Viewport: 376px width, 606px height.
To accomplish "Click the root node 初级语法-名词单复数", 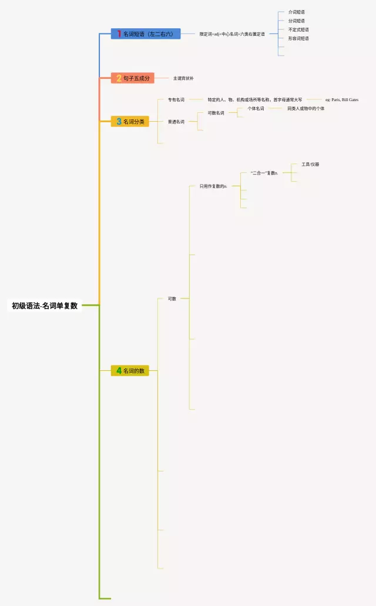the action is pos(45,306).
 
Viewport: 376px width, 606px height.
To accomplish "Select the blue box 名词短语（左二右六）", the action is pos(146,34).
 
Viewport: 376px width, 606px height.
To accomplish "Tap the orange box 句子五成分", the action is pos(133,78).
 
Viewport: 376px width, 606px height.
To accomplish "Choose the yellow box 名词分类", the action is pos(130,122).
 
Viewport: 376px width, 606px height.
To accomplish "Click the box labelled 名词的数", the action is pos(130,371).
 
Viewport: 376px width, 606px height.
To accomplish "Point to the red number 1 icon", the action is pos(119,34).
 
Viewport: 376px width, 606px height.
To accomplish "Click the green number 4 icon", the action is pos(119,371).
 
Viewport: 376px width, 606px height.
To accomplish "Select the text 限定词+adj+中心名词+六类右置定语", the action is pos(232,34).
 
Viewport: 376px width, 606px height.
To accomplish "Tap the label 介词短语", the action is pos(297,12).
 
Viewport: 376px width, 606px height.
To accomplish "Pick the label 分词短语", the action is pos(297,21).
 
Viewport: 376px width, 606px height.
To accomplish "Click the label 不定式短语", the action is pos(298,30).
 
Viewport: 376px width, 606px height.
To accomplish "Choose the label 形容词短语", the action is pos(298,39).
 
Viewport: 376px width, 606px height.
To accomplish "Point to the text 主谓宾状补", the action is pos(183,78).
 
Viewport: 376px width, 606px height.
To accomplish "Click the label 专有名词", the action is pos(176,100).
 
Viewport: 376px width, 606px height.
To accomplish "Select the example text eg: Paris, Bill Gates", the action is pos(342,100).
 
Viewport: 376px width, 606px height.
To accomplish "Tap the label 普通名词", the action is pos(176,122).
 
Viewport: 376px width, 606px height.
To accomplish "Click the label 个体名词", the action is pos(256,109).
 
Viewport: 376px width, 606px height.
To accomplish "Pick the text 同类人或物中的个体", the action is pos(305,109).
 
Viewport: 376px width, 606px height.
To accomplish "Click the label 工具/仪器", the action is pos(310,165).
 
